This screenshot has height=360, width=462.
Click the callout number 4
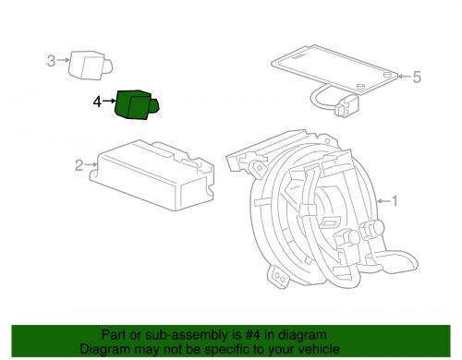point(97,102)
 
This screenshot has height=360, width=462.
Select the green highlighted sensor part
point(136,104)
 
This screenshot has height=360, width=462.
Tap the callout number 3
point(51,61)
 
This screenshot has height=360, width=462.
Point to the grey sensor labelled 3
point(90,66)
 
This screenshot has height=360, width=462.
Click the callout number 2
point(79,165)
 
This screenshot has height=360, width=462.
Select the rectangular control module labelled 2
point(152,175)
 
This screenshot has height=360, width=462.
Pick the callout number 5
point(417,77)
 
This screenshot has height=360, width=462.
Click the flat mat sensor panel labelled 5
point(334,68)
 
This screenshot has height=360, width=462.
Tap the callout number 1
point(395,201)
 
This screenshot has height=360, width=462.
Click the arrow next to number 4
point(109,101)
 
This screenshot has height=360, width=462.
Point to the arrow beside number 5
point(405,76)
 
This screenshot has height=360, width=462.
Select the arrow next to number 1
point(383,201)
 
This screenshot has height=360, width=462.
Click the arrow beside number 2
point(91,165)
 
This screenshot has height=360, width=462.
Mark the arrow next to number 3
point(63,60)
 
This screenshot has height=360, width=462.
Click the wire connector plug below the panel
point(346,105)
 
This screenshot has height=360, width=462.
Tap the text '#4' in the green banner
point(253,335)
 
